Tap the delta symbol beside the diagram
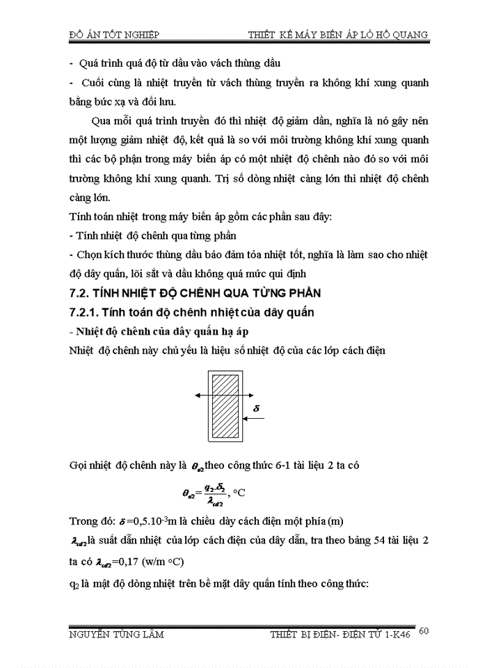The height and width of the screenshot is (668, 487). click(255, 401)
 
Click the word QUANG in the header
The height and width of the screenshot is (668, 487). click(410, 34)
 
